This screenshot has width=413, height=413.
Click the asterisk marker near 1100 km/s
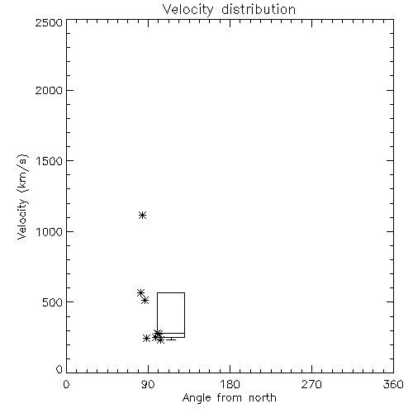[x=142, y=215]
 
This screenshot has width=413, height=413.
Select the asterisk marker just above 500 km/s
[x=145, y=301]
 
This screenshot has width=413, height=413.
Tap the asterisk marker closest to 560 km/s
[x=140, y=292]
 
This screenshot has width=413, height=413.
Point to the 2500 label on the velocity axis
[x=49, y=22]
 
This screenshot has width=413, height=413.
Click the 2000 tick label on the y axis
[x=49, y=90]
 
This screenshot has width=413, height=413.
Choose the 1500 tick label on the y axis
[x=50, y=161]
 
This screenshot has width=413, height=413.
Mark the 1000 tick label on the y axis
[x=50, y=232]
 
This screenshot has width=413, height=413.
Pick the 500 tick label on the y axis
[x=53, y=302]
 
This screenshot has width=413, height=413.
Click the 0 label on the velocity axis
[x=59, y=369]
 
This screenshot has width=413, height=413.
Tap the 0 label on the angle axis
[x=66, y=384]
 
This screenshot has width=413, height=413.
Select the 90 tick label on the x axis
[x=148, y=384]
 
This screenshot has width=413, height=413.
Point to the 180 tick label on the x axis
[x=230, y=384]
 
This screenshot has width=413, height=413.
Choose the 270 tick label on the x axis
[x=311, y=384]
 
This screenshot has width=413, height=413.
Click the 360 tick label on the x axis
[x=393, y=384]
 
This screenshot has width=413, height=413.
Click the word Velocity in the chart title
[x=188, y=10]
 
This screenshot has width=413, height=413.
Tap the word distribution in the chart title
[x=259, y=9]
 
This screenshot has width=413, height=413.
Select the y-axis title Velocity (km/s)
[x=22, y=197]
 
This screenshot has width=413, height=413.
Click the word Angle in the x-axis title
[x=197, y=398]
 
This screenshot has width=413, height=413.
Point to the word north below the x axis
[x=263, y=398]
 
